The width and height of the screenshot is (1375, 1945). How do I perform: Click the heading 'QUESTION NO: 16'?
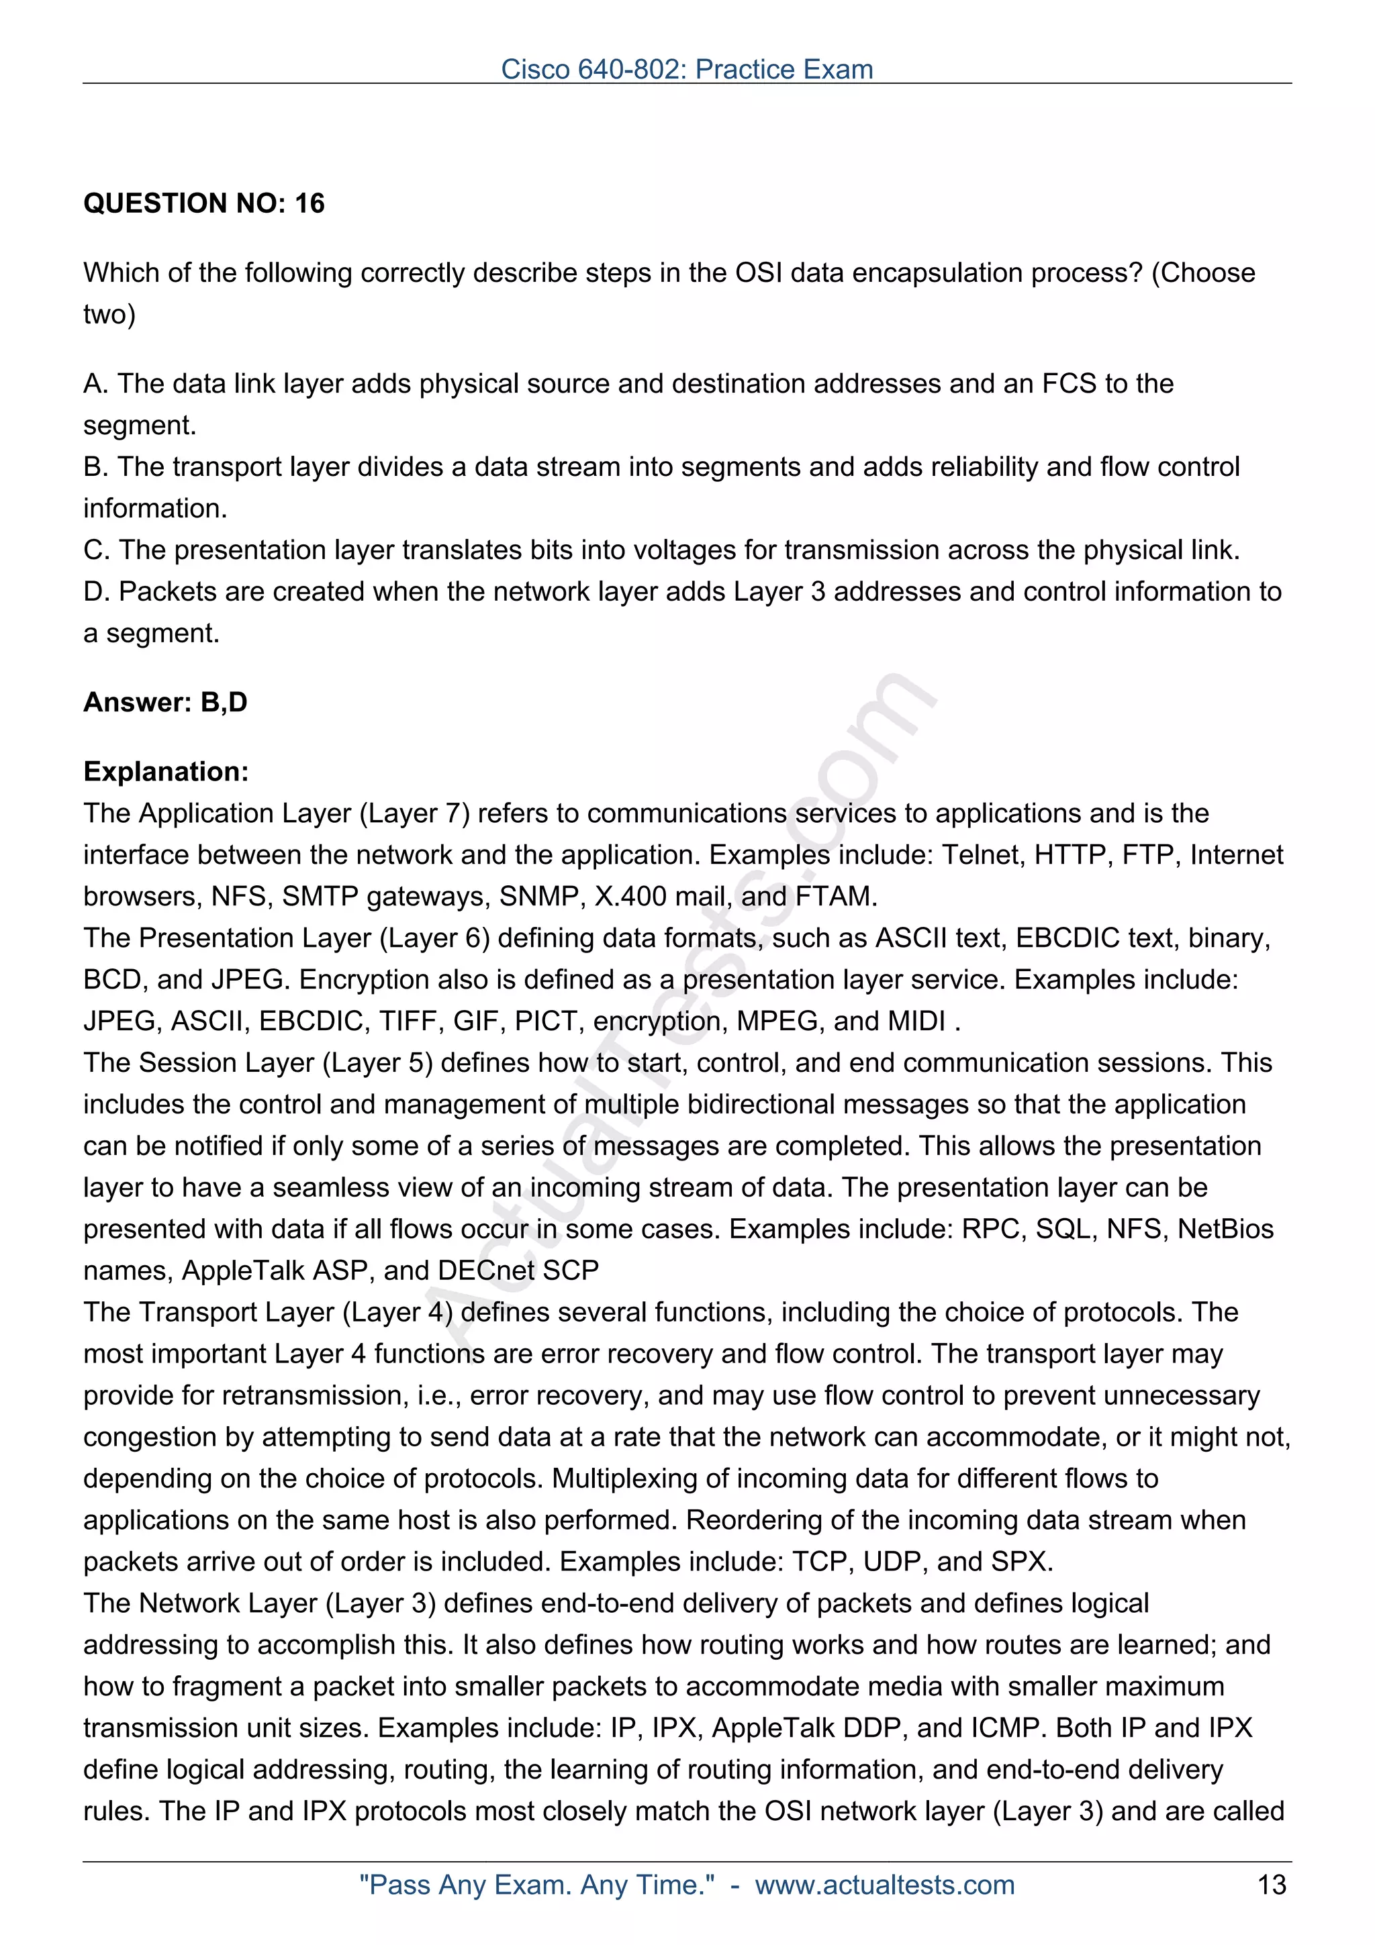203,203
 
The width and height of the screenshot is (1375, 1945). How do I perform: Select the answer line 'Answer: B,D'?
165,702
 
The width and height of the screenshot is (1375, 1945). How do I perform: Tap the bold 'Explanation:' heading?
166,772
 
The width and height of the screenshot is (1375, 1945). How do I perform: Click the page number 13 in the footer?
1272,1885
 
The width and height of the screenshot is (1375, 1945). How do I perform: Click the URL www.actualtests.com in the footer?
884,1885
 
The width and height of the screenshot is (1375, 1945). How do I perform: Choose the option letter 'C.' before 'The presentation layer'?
96,550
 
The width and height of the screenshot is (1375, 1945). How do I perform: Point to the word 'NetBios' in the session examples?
1226,1229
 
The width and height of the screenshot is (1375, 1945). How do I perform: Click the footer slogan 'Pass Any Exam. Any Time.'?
537,1885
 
